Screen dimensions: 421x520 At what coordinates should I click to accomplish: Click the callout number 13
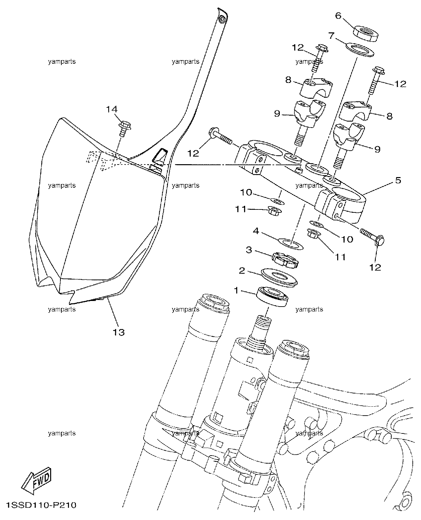[x=119, y=332]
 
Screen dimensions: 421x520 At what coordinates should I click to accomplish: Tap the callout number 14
[x=112, y=109]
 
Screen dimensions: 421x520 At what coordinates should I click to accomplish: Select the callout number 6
[x=339, y=16]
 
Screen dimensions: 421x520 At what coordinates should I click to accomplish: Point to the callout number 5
[x=398, y=180]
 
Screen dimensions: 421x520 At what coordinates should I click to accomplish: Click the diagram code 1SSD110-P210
[x=41, y=505]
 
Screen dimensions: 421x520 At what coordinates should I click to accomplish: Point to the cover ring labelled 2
[x=279, y=278]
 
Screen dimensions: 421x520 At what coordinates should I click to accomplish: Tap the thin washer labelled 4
[x=291, y=244]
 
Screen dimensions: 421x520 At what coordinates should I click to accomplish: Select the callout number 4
[x=256, y=231]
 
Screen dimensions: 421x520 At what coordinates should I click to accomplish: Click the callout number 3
[x=249, y=250]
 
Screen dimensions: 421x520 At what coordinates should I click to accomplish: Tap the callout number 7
[x=331, y=36]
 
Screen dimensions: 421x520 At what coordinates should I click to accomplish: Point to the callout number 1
[x=236, y=290]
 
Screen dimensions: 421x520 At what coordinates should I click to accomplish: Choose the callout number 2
[x=242, y=271]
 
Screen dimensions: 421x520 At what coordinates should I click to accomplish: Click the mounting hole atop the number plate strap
[x=222, y=19]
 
